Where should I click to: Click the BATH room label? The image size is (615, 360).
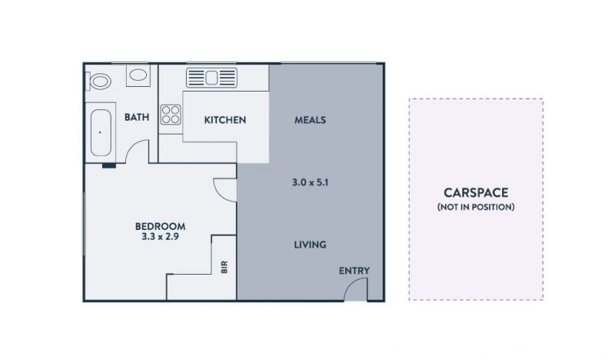click(x=137, y=117)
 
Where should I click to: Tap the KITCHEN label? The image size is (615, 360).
click(x=225, y=120)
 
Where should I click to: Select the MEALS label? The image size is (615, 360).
click(x=311, y=120)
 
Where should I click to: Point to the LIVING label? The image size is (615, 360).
click(x=311, y=245)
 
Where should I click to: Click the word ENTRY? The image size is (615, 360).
click(x=354, y=271)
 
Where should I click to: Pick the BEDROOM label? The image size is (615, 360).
click(x=160, y=226)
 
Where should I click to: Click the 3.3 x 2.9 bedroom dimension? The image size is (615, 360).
click(x=160, y=236)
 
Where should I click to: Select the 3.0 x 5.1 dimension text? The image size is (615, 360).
click(x=311, y=182)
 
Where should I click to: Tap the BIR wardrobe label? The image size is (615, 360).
click(x=224, y=267)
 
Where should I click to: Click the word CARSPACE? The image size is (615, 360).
click(x=476, y=192)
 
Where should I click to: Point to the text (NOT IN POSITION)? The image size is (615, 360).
click(x=476, y=207)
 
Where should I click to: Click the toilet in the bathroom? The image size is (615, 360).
click(x=98, y=82)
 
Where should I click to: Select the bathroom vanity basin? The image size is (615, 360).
click(x=138, y=75)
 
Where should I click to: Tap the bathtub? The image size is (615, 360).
click(x=101, y=133)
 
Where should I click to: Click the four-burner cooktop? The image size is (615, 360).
click(x=171, y=115)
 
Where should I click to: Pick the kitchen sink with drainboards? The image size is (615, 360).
click(x=212, y=78)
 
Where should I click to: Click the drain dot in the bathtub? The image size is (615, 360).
click(x=100, y=133)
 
